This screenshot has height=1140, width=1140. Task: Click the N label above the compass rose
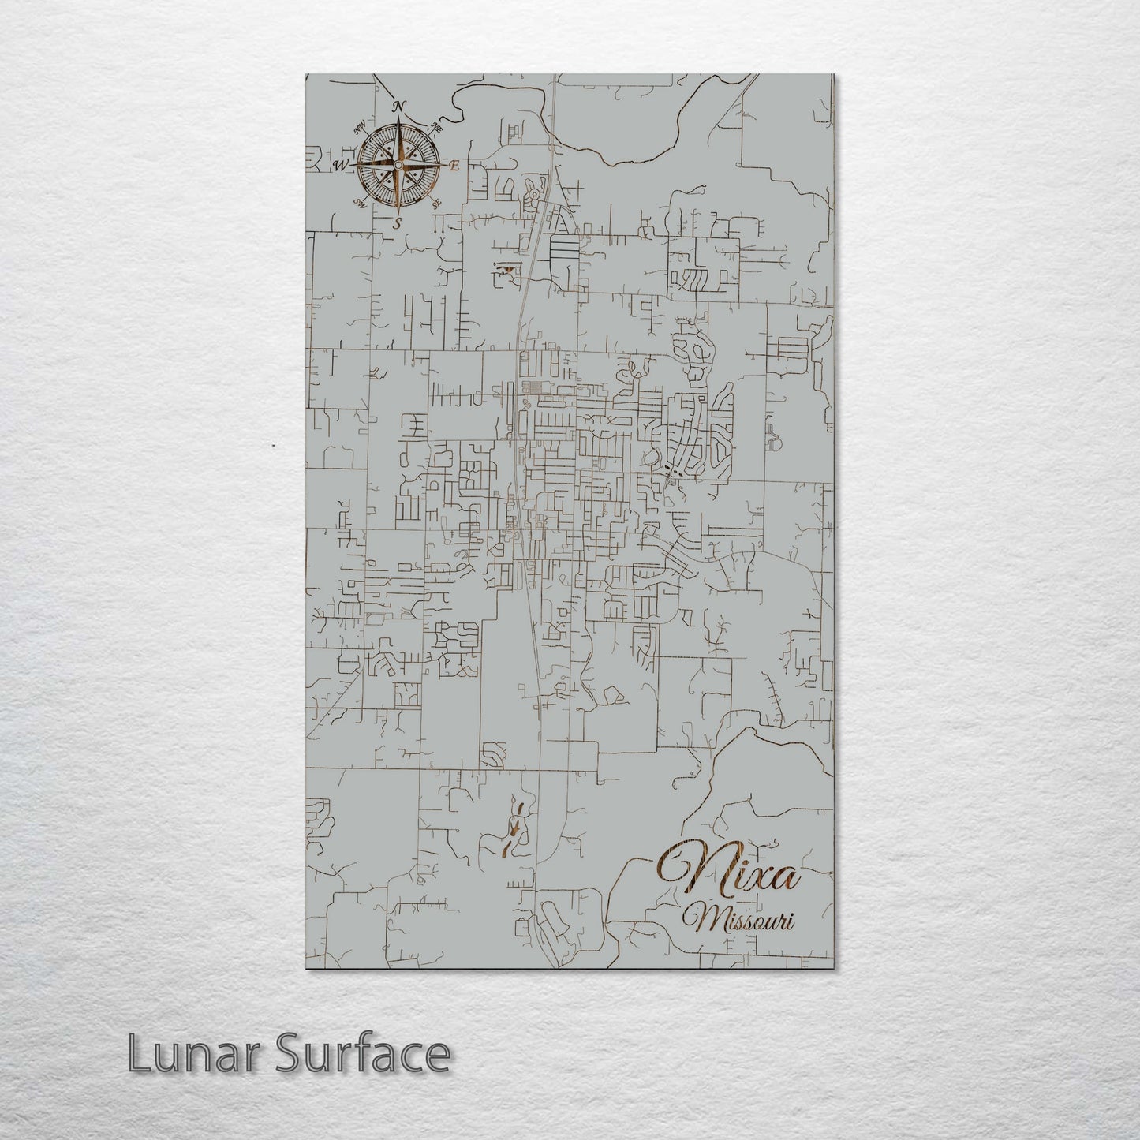point(400,107)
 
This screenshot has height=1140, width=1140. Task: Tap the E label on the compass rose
point(454,166)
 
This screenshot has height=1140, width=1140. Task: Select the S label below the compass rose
point(398,223)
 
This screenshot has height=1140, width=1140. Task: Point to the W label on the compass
point(341,165)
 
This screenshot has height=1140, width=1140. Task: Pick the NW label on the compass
point(361,126)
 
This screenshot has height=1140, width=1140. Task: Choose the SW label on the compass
point(361,204)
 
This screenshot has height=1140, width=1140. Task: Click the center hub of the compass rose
point(398,165)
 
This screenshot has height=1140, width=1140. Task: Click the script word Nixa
point(730,873)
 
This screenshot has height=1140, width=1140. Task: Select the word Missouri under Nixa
point(739,920)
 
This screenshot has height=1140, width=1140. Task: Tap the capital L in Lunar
point(140,1054)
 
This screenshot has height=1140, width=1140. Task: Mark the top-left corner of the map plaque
point(306,75)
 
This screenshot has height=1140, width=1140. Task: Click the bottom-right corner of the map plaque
point(833,968)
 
